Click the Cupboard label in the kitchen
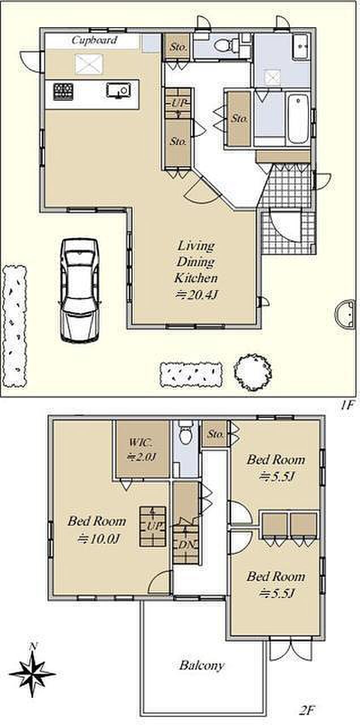coord(95,41)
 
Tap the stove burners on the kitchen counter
coord(63,92)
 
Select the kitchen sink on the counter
coord(118,90)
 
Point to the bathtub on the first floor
coord(298,118)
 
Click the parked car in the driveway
coord(80,289)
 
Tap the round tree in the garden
coord(252,372)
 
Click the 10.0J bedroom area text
coord(99,539)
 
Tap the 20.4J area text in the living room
coord(195,295)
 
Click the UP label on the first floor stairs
coord(178,103)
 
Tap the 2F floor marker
coord(306,710)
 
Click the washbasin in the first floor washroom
coord(301,46)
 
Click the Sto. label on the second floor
coord(216,434)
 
